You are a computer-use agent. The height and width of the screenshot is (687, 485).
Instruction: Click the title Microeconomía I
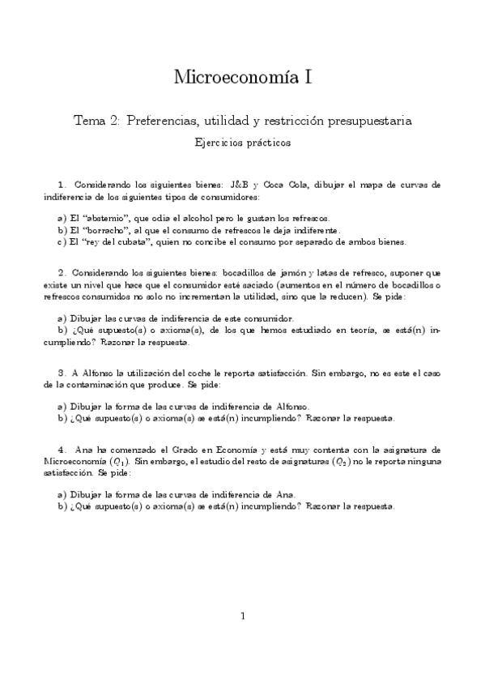coord(242,78)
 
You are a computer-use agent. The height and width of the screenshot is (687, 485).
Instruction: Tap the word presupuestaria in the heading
coord(372,121)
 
